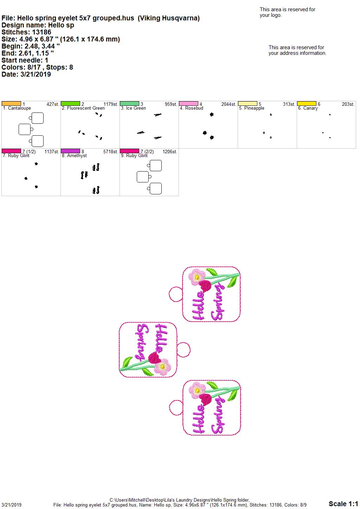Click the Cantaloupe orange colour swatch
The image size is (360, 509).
pyautogui.click(x=11, y=104)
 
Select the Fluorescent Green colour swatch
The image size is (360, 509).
pyautogui.click(x=70, y=104)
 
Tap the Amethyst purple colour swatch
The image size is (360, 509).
pyautogui.click(x=70, y=151)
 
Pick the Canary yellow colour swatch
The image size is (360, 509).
pyautogui.click(x=307, y=104)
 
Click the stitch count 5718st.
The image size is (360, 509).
pyautogui.click(x=111, y=152)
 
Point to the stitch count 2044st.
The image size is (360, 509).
pyautogui.click(x=229, y=104)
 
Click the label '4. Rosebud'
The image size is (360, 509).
pyautogui.click(x=191, y=108)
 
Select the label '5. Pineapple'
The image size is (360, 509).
pyautogui.click(x=252, y=108)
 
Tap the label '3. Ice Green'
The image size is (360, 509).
pyautogui.click(x=133, y=108)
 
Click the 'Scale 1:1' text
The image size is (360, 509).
pyautogui.click(x=343, y=503)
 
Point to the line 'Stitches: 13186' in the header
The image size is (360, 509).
pyautogui.click(x=26, y=32)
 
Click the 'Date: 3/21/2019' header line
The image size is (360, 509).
pyautogui.click(x=26, y=74)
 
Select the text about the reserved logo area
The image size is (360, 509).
pyautogui.click(x=288, y=12)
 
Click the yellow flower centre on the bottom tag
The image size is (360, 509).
pyautogui.click(x=198, y=391)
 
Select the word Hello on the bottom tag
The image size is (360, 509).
pyautogui.click(x=199, y=419)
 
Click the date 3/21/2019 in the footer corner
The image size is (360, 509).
pyautogui.click(x=11, y=505)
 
